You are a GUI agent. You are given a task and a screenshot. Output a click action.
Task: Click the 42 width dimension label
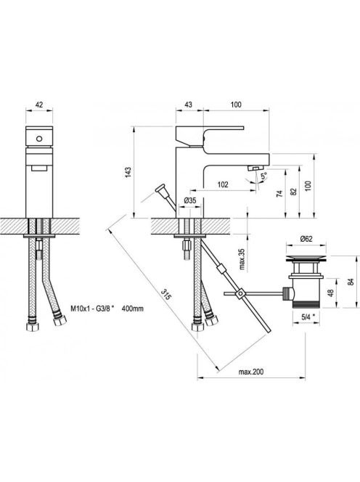pos(39,105)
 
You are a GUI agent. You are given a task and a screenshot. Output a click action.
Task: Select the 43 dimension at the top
pos(189,105)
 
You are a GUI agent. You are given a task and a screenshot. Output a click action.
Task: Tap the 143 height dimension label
pos(128,172)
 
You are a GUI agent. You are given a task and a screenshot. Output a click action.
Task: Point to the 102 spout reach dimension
pos(223,184)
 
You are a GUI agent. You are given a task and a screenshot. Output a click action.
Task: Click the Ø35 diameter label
pos(190,200)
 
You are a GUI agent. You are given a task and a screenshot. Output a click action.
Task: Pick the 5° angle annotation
pos(263,176)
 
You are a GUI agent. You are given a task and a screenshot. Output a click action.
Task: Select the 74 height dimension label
pos(279,194)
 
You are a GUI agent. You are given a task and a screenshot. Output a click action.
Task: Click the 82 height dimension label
pos(294,192)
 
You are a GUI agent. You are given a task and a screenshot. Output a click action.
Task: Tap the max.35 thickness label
pos(242,259)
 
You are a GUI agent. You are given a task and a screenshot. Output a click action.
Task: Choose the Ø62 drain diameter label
pos(306,239)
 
